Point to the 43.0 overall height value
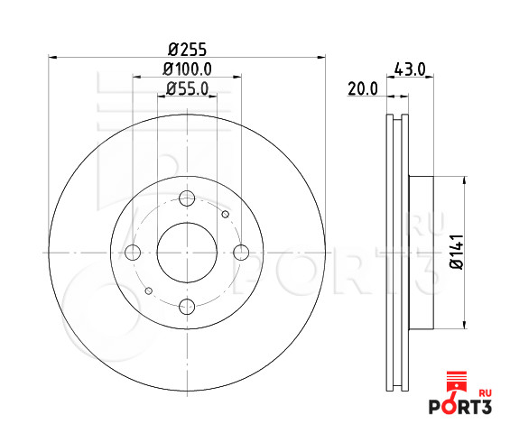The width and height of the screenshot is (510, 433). tap(410, 69)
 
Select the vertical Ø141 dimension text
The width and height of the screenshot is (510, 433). tap(457, 252)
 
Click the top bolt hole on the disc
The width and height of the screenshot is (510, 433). tap(187, 200)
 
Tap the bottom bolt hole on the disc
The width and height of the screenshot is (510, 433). tap(187, 307)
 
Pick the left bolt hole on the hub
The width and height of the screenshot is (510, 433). tap(134, 253)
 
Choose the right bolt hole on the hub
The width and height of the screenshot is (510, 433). tap(240, 253)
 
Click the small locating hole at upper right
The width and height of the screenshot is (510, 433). tap(226, 215)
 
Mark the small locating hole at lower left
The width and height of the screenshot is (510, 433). tap(148, 291)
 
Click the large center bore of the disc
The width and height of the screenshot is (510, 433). tap(187, 253)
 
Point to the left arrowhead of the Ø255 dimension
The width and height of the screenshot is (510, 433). tap(51, 59)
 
